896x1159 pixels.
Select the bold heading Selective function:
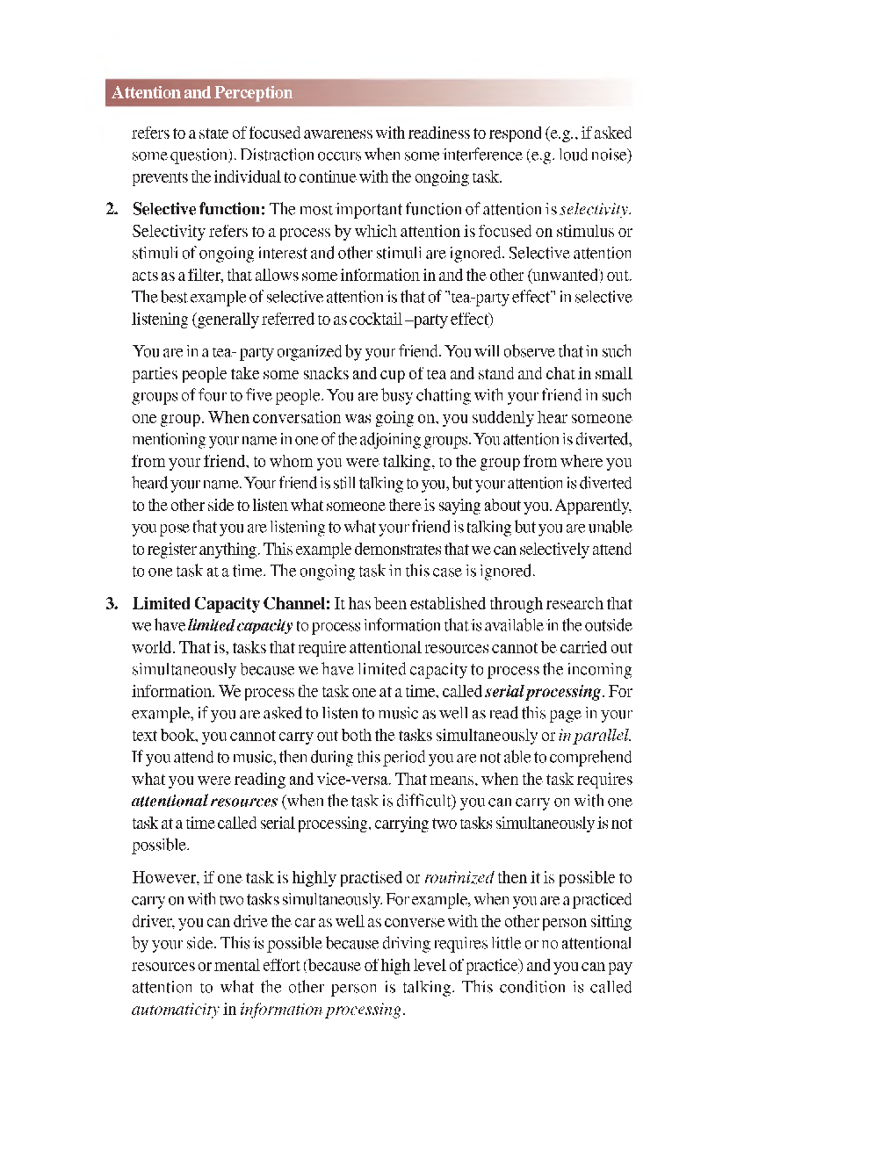tap(199, 210)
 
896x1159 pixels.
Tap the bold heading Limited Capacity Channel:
tap(231, 604)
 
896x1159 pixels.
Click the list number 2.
tap(112, 210)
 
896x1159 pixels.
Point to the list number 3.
tap(112, 604)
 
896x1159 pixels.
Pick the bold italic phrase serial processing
tap(543, 692)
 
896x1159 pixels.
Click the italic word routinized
tap(459, 878)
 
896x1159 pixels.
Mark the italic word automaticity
tap(175, 1010)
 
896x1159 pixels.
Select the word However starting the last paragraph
tap(163, 878)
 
